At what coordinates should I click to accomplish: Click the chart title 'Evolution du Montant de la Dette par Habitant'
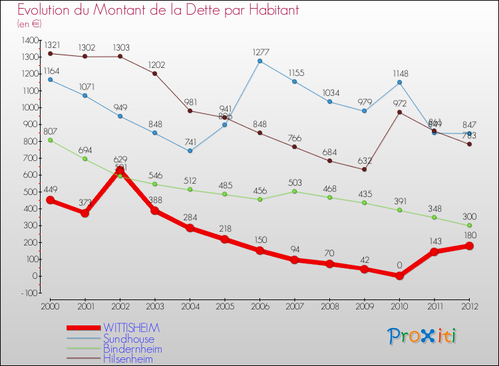(158, 10)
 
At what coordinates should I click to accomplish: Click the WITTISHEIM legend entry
(131, 328)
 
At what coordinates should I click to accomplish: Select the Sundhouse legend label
(128, 339)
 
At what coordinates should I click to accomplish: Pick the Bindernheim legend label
(132, 349)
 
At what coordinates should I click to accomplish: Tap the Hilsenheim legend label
(128, 359)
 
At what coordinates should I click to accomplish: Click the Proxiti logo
(423, 336)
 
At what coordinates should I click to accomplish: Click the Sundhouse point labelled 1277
(259, 61)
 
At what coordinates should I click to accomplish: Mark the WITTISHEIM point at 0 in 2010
(399, 275)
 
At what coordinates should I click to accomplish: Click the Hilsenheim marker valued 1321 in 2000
(50, 53)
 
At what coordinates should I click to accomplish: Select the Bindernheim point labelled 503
(295, 191)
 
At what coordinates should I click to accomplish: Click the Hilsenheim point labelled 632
(365, 169)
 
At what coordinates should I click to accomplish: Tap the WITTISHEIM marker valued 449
(50, 200)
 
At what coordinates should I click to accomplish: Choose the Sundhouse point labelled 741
(190, 150)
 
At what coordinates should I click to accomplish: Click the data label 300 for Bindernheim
(470, 216)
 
